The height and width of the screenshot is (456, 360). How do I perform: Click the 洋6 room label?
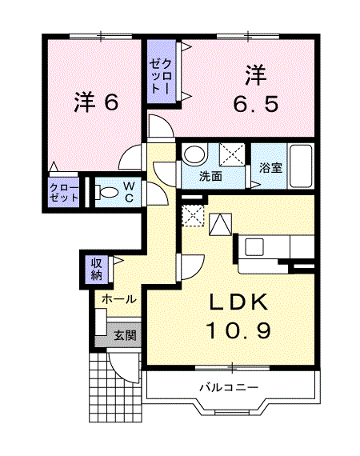click(96, 102)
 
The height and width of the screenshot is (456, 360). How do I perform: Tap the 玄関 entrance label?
click(124, 335)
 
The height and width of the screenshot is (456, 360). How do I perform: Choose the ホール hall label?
click(118, 298)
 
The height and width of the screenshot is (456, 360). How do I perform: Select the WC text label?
click(128, 192)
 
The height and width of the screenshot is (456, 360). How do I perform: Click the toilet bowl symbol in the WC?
click(105, 192)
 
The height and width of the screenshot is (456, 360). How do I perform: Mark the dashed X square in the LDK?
click(193, 215)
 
